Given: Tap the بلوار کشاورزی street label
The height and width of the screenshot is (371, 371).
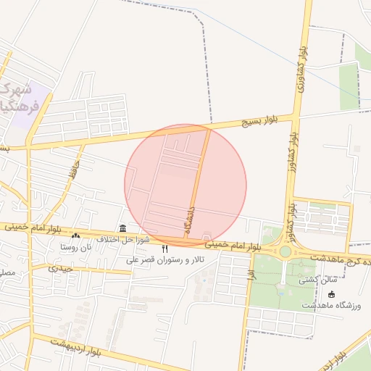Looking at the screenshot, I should (x=300, y=71).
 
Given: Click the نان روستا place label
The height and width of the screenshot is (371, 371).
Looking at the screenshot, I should (x=77, y=246).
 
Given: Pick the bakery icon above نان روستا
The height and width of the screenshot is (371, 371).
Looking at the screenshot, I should (x=75, y=236).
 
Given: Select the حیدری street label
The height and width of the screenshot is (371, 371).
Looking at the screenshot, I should (x=61, y=268).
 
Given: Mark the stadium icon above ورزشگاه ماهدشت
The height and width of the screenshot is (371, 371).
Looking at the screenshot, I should (x=332, y=294).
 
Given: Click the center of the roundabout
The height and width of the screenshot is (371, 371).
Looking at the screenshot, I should (x=285, y=251).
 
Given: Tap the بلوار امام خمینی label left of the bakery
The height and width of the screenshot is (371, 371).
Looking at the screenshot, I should (x=29, y=228).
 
